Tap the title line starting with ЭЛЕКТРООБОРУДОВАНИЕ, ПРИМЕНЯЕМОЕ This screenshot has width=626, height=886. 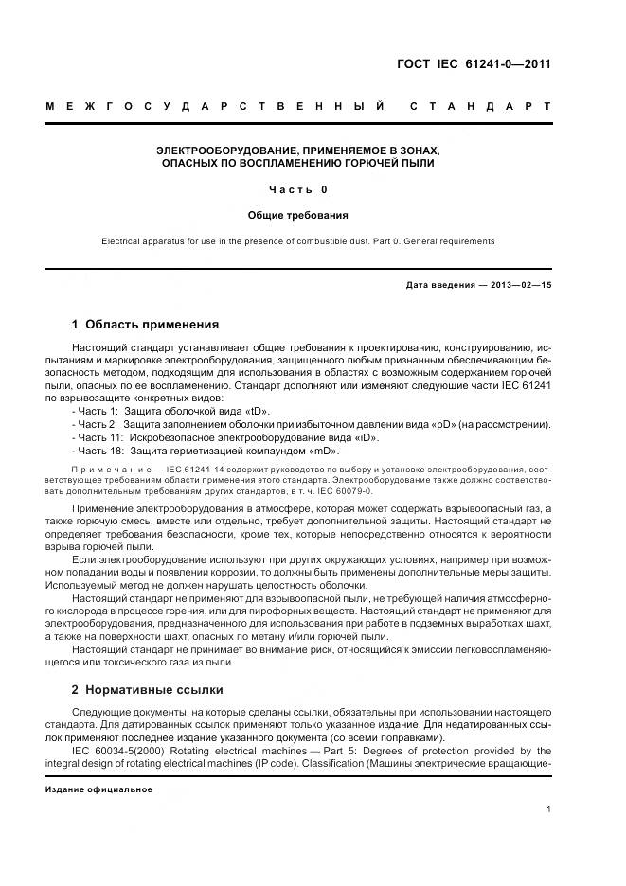298,151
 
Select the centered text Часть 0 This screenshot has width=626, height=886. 298,189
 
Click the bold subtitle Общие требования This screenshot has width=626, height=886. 298,216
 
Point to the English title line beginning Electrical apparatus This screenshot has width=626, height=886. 298,241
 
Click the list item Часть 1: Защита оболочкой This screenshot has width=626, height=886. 170,412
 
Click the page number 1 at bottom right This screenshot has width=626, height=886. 549,809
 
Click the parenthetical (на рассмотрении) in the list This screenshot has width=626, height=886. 504,425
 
